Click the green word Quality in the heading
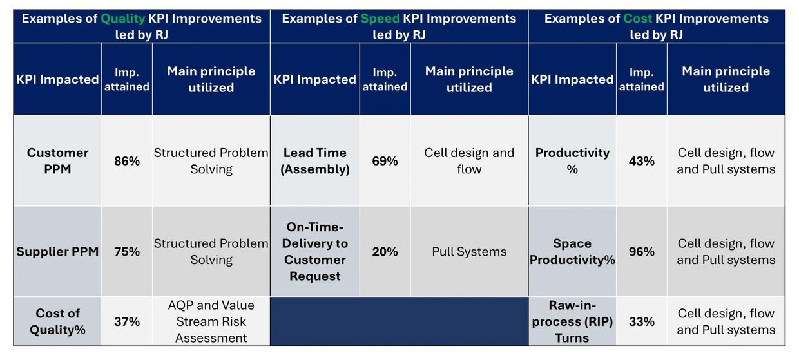click(x=122, y=19)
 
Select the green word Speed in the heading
click(x=380, y=19)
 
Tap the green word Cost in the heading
click(x=637, y=19)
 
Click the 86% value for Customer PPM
click(x=127, y=161)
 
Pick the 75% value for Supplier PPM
click(x=127, y=252)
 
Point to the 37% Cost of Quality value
click(x=127, y=321)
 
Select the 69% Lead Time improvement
click(x=385, y=161)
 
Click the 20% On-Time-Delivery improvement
click(x=385, y=252)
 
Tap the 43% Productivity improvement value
click(x=641, y=161)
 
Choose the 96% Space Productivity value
click(x=641, y=252)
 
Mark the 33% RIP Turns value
click(x=641, y=321)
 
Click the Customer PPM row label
click(x=57, y=161)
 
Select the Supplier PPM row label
click(x=57, y=252)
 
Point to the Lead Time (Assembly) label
click(x=315, y=161)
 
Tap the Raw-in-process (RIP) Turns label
click(x=572, y=321)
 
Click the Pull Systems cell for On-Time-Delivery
click(x=469, y=252)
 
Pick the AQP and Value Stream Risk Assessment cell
click(x=211, y=321)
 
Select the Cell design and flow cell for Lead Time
click(x=469, y=161)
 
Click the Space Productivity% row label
click(x=572, y=252)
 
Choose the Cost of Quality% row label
click(x=57, y=321)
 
